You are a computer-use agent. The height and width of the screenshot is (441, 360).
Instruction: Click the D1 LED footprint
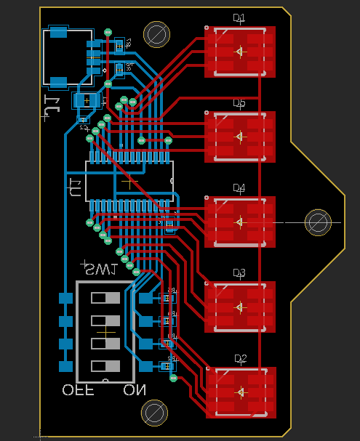(240, 52)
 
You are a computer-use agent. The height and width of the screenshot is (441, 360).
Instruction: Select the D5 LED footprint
(240, 137)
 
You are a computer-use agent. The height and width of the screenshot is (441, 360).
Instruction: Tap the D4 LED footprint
(240, 222)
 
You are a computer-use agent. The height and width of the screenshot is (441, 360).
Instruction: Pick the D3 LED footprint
(240, 307)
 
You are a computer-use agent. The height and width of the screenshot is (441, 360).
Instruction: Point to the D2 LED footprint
(241, 392)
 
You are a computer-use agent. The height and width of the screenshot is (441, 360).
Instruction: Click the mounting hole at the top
(156, 33)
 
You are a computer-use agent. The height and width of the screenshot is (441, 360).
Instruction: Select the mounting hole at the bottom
(154, 413)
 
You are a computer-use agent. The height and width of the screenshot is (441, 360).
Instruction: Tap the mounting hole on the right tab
(318, 222)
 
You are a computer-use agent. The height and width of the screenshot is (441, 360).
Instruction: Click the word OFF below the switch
(79, 390)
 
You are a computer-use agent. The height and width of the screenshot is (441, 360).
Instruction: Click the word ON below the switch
(135, 390)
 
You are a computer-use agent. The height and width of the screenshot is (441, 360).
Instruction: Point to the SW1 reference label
(100, 270)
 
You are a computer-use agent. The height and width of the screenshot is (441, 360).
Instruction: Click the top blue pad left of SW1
(66, 298)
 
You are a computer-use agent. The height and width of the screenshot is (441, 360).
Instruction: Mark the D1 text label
(239, 18)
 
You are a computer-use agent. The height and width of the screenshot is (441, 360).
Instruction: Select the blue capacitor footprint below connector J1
(87, 100)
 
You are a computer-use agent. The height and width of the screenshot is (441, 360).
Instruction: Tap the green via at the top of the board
(108, 32)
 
